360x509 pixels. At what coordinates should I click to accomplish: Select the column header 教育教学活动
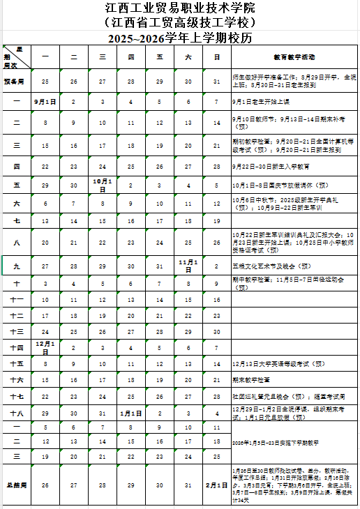(x=294, y=56)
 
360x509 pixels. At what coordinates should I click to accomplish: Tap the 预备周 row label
(x=15, y=82)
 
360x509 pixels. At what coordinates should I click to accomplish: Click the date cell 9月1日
(x=45, y=102)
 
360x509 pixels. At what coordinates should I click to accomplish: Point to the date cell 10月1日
(x=103, y=185)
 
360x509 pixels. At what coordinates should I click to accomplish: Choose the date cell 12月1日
(x=45, y=347)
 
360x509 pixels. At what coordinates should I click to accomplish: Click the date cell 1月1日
(x=131, y=413)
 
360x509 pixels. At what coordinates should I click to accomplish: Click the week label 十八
(x=15, y=413)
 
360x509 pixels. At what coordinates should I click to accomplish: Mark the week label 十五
(x=15, y=363)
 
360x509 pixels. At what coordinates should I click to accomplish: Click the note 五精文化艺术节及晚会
(x=272, y=266)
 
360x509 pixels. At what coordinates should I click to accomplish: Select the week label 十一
(x=15, y=299)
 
